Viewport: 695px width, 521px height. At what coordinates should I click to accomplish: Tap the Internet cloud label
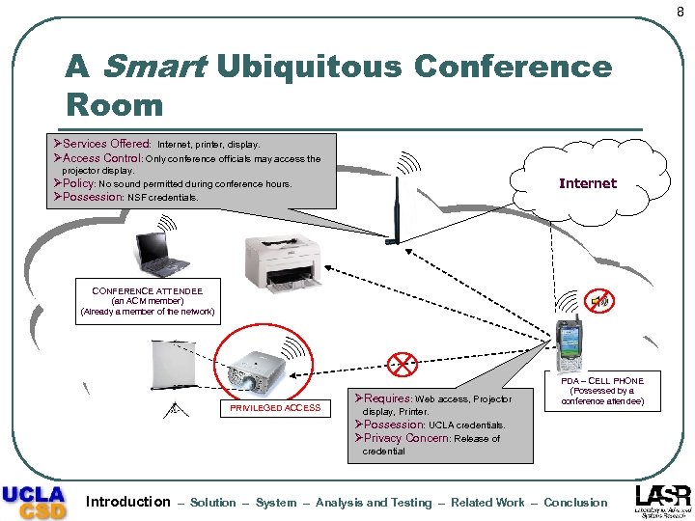(x=587, y=183)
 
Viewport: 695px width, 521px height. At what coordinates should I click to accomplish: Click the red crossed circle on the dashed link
(x=402, y=363)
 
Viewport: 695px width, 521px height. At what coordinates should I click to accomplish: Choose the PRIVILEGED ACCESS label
(x=275, y=408)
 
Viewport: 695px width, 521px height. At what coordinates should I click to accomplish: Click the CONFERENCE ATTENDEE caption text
(x=148, y=289)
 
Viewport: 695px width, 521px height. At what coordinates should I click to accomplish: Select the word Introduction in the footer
(x=127, y=502)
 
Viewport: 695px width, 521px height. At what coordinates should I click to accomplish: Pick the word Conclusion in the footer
(x=576, y=503)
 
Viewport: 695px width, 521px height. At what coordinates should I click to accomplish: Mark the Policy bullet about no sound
(x=179, y=183)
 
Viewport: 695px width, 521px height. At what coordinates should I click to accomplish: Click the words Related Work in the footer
(x=488, y=503)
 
